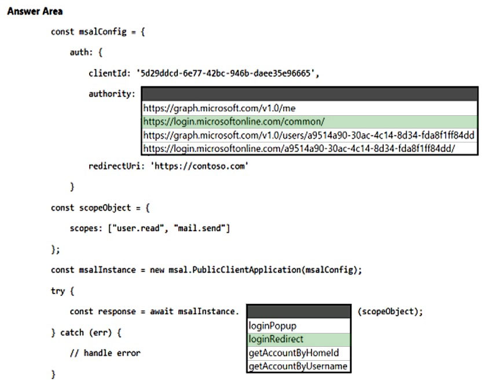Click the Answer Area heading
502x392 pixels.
(35, 11)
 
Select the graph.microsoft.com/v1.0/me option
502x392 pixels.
(219, 108)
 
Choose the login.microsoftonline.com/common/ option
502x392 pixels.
(234, 122)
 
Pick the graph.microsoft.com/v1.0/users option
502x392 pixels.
(309, 135)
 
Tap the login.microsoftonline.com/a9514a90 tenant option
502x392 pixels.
(299, 149)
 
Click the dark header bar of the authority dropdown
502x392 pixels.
(310, 94)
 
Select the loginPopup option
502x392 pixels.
(273, 326)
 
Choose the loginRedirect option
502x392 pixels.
(276, 339)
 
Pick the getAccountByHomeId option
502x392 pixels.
(294, 353)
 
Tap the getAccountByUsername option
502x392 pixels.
(298, 366)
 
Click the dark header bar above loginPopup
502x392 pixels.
(299, 312)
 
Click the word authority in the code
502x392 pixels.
(110, 94)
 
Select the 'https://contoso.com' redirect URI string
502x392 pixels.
(199, 166)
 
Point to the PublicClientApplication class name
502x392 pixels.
(246, 270)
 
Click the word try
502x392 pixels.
(58, 291)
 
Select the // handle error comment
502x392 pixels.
(105, 353)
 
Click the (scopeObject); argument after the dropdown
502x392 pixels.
(390, 312)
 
